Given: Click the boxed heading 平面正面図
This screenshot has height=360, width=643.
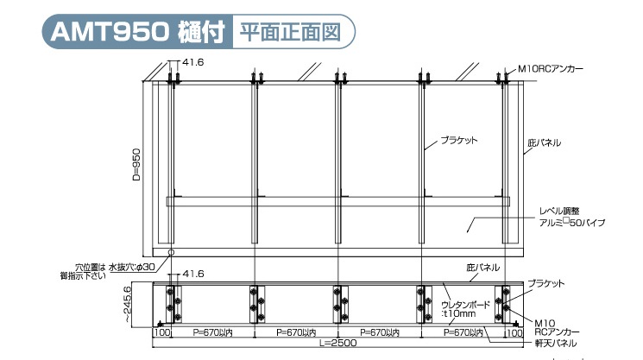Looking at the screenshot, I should (289, 33).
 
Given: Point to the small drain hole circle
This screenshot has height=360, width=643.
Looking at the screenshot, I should (171, 252).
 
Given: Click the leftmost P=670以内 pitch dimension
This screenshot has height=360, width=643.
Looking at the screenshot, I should (211, 332).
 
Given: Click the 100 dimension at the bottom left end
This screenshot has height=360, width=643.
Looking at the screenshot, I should (161, 332).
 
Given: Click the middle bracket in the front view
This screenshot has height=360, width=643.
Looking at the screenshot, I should (338, 301).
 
